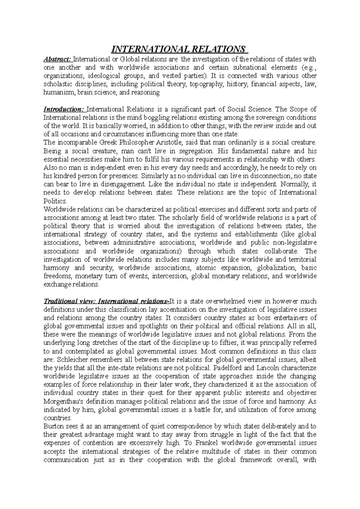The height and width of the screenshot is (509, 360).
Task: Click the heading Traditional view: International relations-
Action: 106,301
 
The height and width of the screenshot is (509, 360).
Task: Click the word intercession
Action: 170,276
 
